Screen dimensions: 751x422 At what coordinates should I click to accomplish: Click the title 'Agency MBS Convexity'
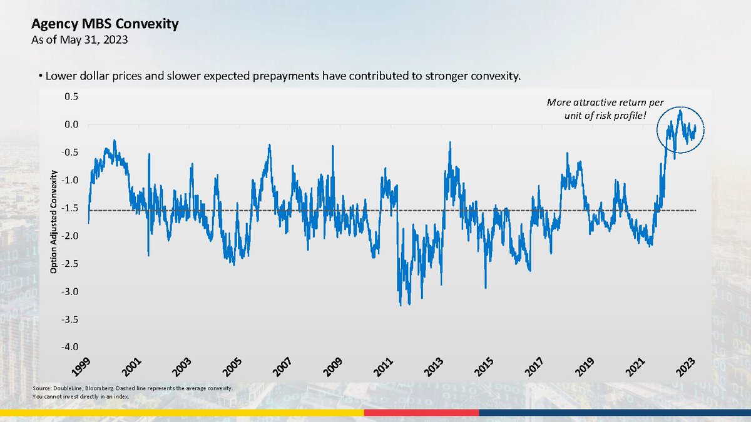tap(105, 24)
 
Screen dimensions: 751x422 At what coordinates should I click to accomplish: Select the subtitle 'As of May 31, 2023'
tap(79, 40)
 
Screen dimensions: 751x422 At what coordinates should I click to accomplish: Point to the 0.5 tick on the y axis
tap(71, 97)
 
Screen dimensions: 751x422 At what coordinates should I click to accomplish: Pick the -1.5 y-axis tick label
tap(69, 208)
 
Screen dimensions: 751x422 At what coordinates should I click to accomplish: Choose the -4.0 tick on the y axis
tap(69, 347)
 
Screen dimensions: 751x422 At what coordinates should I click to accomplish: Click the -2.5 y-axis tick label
tap(69, 264)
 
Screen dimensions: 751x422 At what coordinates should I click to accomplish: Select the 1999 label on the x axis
tap(81, 367)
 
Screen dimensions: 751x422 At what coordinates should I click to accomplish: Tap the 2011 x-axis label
tap(383, 367)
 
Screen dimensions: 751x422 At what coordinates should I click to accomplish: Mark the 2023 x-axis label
tap(686, 367)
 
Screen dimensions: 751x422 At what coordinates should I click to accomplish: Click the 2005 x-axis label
tap(232, 367)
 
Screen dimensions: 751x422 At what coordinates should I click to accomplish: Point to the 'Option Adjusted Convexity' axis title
tap(54, 222)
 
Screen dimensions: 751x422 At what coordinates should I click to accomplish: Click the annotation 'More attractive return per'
tap(605, 103)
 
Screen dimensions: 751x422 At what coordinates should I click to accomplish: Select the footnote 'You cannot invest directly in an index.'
tap(81, 397)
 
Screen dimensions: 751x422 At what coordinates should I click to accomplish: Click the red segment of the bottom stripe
tap(421, 413)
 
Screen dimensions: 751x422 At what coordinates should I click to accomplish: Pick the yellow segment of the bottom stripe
tap(182, 413)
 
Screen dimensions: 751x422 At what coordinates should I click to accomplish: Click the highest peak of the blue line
tap(680, 110)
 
